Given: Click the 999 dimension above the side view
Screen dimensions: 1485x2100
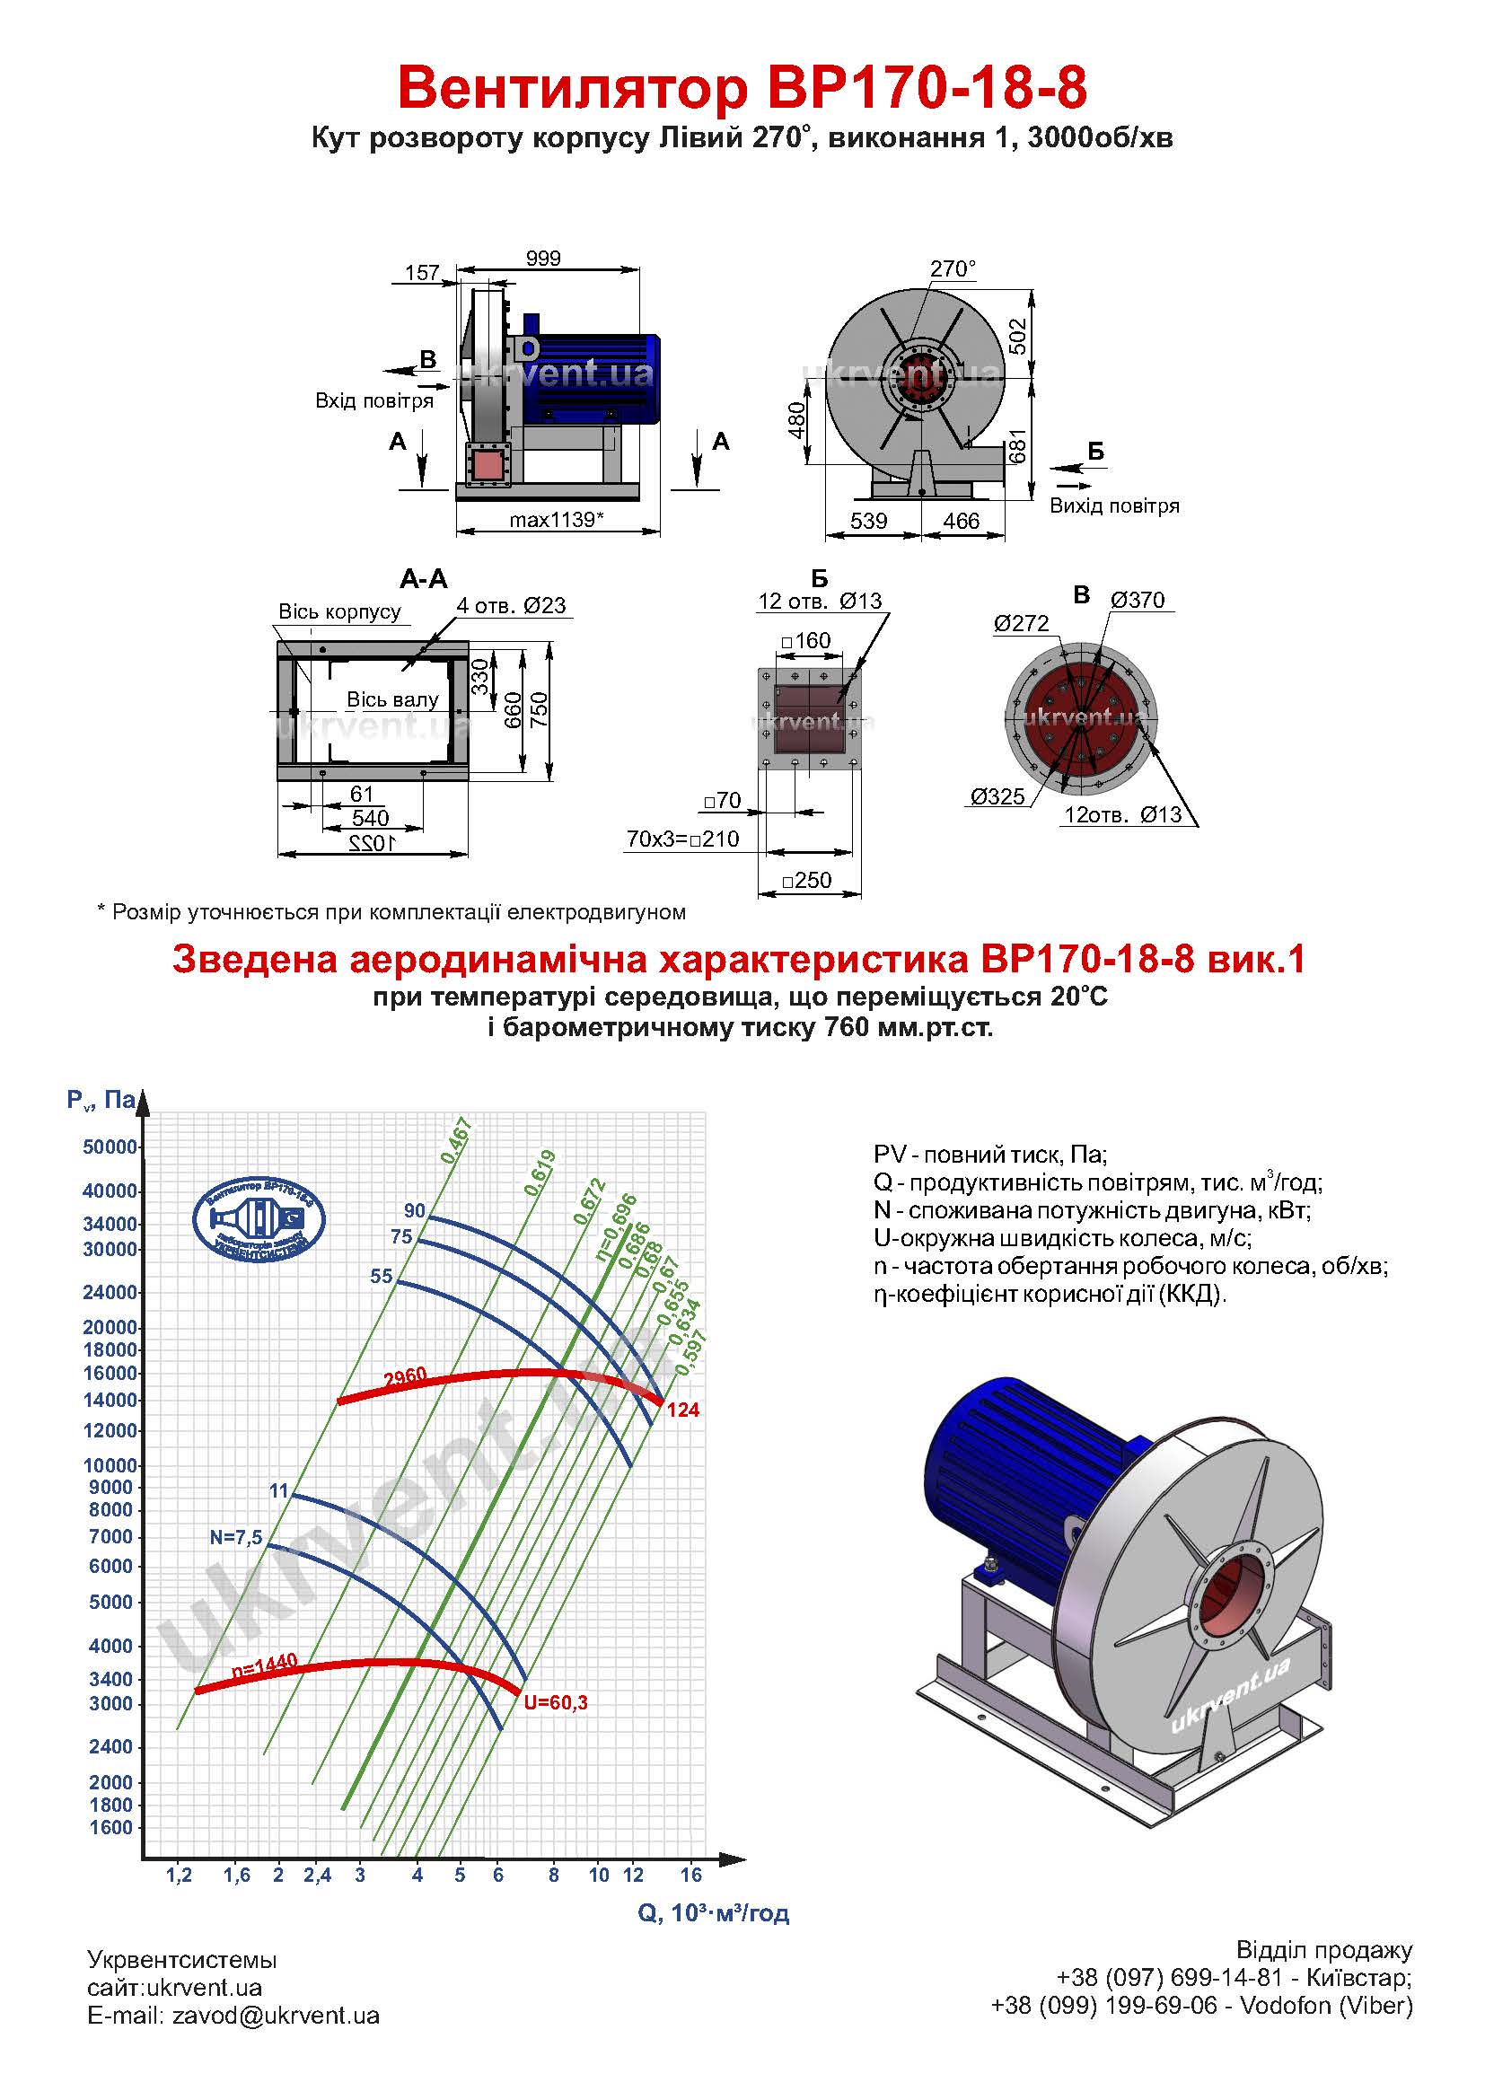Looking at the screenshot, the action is tap(543, 258).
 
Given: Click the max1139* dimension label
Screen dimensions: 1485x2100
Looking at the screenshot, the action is tap(557, 520).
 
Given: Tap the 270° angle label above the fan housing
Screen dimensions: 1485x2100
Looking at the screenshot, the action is tap(953, 269).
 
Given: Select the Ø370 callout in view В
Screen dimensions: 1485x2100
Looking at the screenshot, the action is tap(1138, 600).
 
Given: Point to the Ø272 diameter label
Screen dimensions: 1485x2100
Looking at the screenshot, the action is tap(1022, 623).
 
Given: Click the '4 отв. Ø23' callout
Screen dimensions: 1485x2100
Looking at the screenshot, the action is tap(511, 605).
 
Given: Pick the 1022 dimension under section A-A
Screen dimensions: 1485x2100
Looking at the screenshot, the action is tap(373, 841).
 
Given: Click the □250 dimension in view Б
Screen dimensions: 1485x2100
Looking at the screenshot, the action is tap(806, 880).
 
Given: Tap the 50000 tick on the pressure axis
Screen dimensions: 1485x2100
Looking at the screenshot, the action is tap(110, 1147).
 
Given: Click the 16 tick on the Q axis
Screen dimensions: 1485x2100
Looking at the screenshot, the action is tap(691, 1874).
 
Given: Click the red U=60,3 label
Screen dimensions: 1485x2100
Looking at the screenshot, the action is tap(555, 1702).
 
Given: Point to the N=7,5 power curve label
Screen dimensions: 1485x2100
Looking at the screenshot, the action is tap(236, 1537).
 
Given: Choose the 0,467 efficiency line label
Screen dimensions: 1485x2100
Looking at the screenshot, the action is tap(455, 1139).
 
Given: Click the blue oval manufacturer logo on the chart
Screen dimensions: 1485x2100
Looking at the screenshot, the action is tap(259, 1220).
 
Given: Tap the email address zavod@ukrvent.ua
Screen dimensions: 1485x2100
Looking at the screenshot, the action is tap(277, 2016).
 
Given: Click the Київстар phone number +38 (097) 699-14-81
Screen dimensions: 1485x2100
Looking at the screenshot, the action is tap(1170, 1977).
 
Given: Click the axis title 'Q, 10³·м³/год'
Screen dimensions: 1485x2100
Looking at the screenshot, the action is tap(713, 1912).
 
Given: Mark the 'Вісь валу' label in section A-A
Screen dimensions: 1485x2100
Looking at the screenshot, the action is tap(392, 699).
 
